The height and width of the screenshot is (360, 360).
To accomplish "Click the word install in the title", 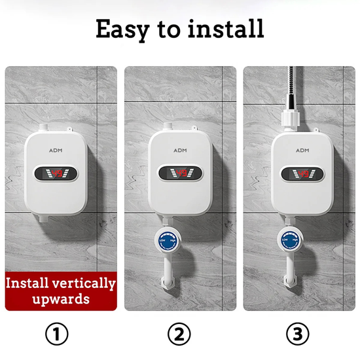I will pyautogui.click(x=225, y=29).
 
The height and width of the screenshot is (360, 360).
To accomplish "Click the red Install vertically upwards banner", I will pyautogui.click(x=61, y=292).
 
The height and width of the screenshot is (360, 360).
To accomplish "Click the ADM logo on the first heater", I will pyautogui.click(x=58, y=150).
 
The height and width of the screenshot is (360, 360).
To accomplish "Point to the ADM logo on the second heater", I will pyautogui.click(x=179, y=150).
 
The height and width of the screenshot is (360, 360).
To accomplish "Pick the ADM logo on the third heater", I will pyautogui.click(x=302, y=150).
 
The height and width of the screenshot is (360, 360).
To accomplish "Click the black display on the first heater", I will pyautogui.click(x=58, y=173).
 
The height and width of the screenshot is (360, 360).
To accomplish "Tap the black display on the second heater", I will pyautogui.click(x=179, y=173).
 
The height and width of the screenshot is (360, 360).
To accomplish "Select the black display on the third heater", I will pyautogui.click(x=302, y=173).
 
